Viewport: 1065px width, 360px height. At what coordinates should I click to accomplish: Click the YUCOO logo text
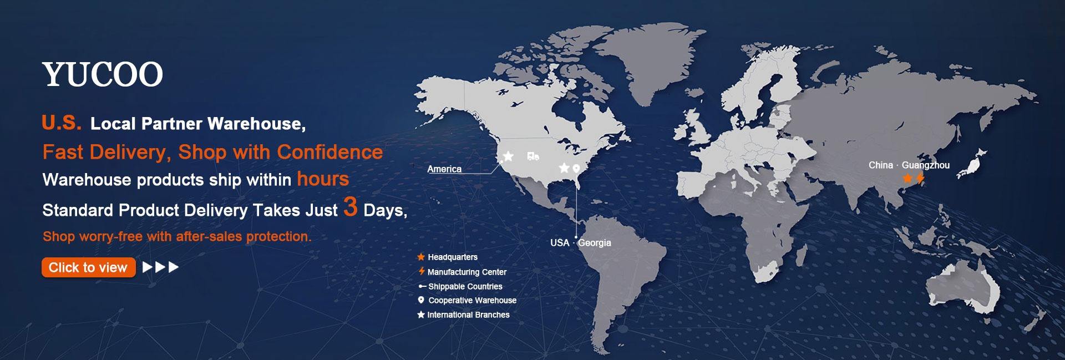103,75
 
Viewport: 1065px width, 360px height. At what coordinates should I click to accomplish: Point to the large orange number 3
350,207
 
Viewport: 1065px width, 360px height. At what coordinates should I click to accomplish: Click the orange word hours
323,179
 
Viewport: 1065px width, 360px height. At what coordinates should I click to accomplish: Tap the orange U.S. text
62,123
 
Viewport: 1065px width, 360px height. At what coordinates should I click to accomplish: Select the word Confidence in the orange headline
329,152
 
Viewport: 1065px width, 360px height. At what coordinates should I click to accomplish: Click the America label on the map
444,169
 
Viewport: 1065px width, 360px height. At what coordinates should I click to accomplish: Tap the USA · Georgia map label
581,242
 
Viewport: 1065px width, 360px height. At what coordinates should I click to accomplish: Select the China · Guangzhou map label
909,165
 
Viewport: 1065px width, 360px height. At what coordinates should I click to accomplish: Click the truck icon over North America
533,156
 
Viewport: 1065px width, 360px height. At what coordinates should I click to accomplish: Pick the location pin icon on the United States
576,168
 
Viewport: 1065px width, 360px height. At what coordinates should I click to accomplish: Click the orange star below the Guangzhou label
907,178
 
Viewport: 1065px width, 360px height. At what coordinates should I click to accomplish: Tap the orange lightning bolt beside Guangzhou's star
920,178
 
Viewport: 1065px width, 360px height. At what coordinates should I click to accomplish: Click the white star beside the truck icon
508,156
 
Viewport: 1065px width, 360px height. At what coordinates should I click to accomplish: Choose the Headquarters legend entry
447,257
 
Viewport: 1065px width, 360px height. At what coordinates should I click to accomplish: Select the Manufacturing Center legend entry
462,272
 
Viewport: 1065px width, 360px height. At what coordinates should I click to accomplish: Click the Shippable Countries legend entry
460,286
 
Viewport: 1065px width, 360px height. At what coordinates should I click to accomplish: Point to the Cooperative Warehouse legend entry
467,300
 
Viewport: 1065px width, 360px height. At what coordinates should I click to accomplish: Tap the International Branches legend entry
463,315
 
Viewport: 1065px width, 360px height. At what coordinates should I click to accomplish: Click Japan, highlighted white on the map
972,163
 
